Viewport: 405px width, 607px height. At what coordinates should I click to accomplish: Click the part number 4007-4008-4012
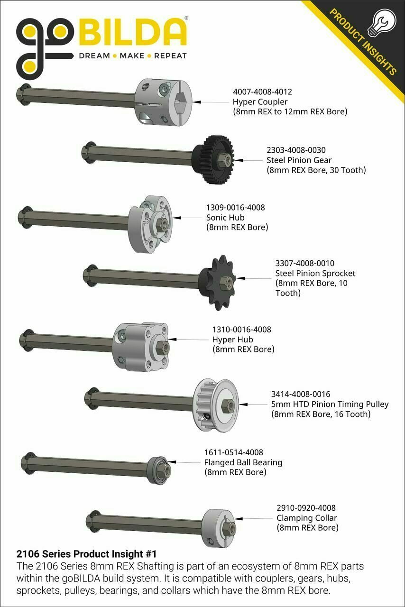point(262,92)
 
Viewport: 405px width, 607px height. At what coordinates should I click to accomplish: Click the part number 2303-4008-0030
point(296,150)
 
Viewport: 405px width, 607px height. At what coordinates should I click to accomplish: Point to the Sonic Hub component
point(150,224)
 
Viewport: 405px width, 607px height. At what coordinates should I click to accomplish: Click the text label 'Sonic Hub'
point(225,217)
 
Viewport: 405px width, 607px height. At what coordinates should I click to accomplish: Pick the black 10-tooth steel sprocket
point(218,282)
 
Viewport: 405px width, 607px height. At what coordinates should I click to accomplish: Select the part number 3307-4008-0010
point(305,263)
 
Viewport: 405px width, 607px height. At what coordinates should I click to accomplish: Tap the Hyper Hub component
point(141,347)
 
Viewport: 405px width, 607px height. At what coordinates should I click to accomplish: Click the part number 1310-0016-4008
point(241,330)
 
